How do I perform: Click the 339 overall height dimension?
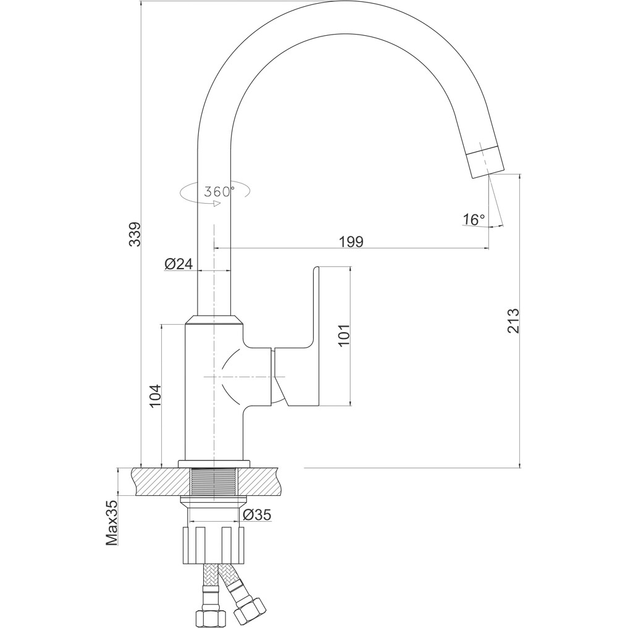pos(136,234)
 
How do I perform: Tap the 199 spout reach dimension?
pos(351,242)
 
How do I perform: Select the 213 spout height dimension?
pos(513,321)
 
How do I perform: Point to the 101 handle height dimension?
pos(344,335)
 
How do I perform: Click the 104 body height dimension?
pos(155,396)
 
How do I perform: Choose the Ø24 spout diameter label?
pos(178,264)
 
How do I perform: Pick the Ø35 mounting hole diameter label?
pos(257,514)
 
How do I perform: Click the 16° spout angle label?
pos(474,219)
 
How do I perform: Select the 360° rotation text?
pos(219,192)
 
